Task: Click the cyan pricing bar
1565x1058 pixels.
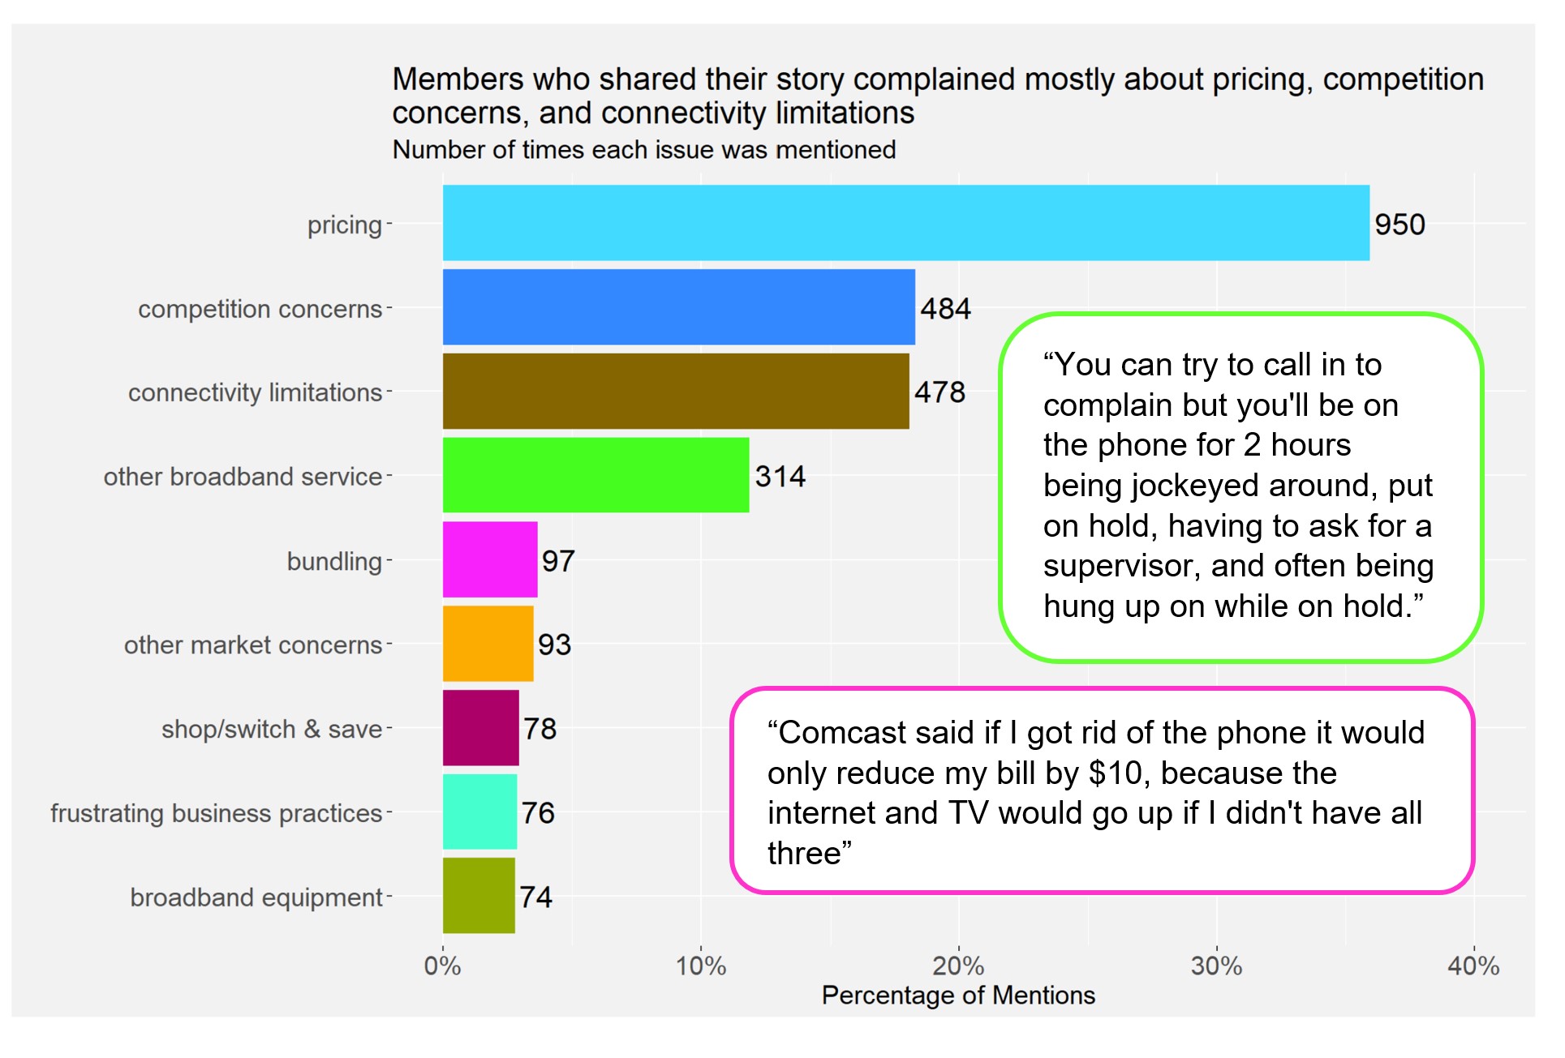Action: (x=905, y=223)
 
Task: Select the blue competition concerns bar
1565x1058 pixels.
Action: (x=678, y=307)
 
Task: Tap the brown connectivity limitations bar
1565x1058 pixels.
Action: (x=675, y=391)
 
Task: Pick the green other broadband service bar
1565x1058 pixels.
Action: (x=595, y=475)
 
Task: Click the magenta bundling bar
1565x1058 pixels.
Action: (x=490, y=559)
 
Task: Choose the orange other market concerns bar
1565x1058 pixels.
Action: (x=488, y=644)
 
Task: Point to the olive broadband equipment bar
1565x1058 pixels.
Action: (x=479, y=896)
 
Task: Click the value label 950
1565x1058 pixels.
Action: (x=1399, y=225)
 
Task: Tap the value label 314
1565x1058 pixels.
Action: (x=780, y=477)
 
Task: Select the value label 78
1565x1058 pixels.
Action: (x=540, y=729)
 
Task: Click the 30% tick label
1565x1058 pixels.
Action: (x=1216, y=966)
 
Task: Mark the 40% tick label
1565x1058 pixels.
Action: (x=1473, y=966)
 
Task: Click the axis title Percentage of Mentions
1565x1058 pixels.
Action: (x=958, y=996)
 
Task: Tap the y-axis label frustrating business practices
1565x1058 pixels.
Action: (x=216, y=813)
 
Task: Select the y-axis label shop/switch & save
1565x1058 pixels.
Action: (x=271, y=729)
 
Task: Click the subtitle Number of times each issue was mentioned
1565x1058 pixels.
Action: (x=644, y=150)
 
